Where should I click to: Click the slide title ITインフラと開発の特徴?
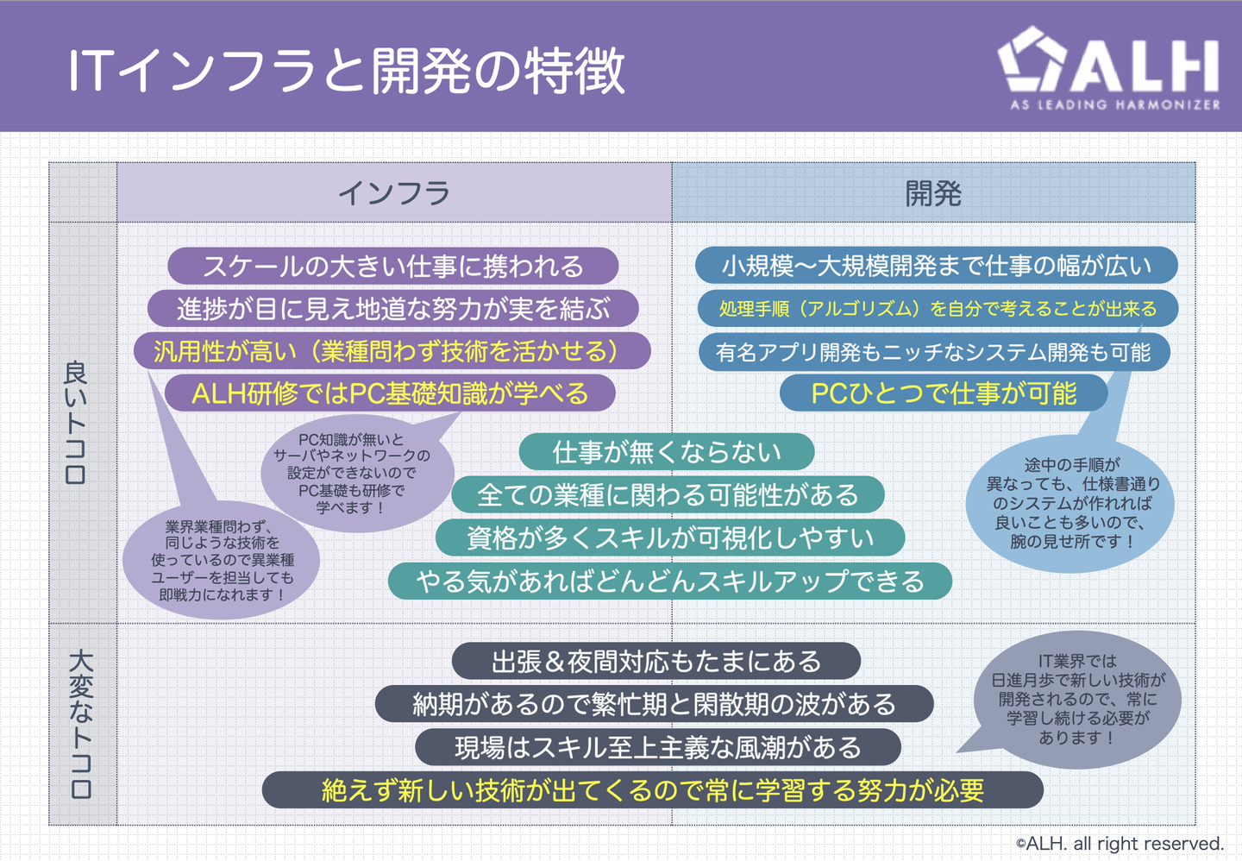coord(347,71)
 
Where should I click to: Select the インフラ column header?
coord(394,193)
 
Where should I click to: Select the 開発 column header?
coord(934,193)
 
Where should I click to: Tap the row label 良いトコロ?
coord(76,423)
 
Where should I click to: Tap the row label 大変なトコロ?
coord(81,724)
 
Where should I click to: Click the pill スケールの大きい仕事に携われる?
coord(393,267)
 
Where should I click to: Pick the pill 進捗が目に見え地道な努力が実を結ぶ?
coord(393,309)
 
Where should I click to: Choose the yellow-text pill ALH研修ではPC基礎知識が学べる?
coord(391,393)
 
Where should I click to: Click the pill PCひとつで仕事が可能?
coord(944,393)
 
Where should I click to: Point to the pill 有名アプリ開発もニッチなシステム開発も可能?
coord(934,352)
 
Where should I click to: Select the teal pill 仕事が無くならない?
coord(667,452)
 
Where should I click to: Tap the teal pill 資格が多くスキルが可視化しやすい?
coord(670,538)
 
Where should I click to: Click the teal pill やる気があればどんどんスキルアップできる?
coord(670,581)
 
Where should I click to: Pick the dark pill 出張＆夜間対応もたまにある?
coord(656,662)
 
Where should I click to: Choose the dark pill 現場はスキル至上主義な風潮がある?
coord(658,747)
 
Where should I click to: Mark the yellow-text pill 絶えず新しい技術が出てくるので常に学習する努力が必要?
coord(653,790)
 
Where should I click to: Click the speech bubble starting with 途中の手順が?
coord(1070,504)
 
